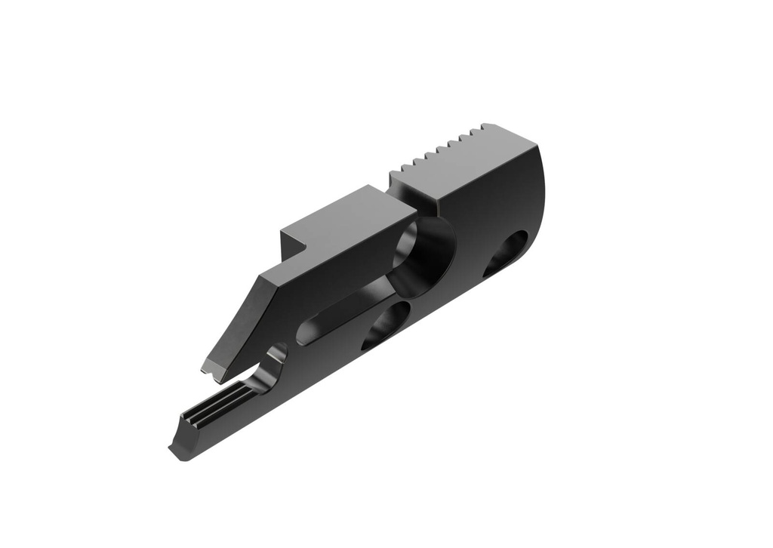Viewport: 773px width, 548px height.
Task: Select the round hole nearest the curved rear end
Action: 506,253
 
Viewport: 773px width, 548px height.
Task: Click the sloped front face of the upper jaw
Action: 234,325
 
